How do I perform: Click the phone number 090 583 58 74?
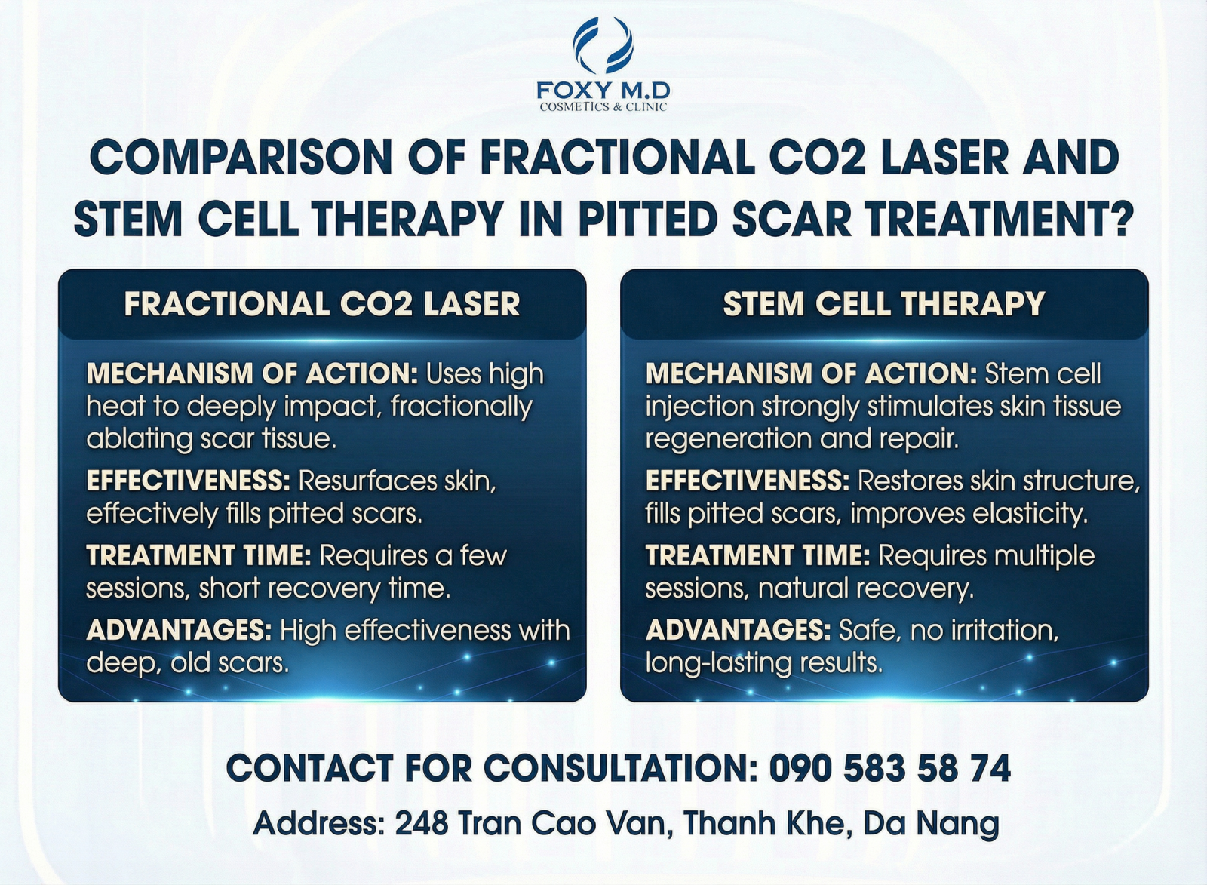(889, 768)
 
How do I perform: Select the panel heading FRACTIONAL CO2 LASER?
(321, 303)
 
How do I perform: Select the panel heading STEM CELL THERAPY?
(883, 303)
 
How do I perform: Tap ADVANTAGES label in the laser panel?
(179, 629)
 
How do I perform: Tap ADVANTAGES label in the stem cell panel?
(739, 629)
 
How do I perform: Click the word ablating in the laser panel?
(139, 439)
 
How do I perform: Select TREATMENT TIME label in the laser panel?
(198, 555)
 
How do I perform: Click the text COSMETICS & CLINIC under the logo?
(603, 106)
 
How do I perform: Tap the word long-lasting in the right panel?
(718, 664)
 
